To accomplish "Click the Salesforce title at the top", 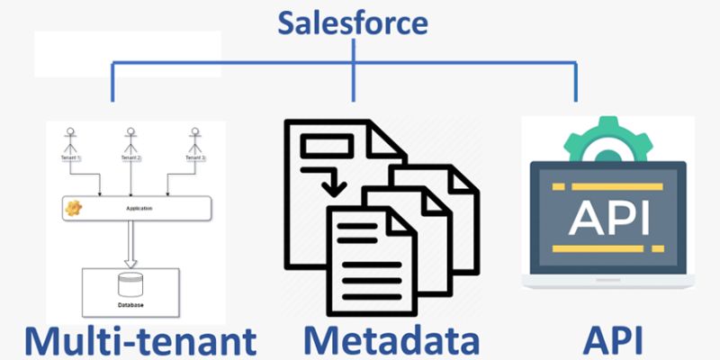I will tap(354, 22).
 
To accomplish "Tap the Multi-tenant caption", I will tap(139, 340).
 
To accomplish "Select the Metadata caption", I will tap(391, 340).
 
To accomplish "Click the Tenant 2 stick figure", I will tap(131, 139).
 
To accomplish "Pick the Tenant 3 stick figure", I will tap(193, 139).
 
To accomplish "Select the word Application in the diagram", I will tap(132, 209).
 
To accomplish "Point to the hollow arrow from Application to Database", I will tap(131, 244).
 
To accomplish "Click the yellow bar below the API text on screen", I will tap(608, 245).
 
